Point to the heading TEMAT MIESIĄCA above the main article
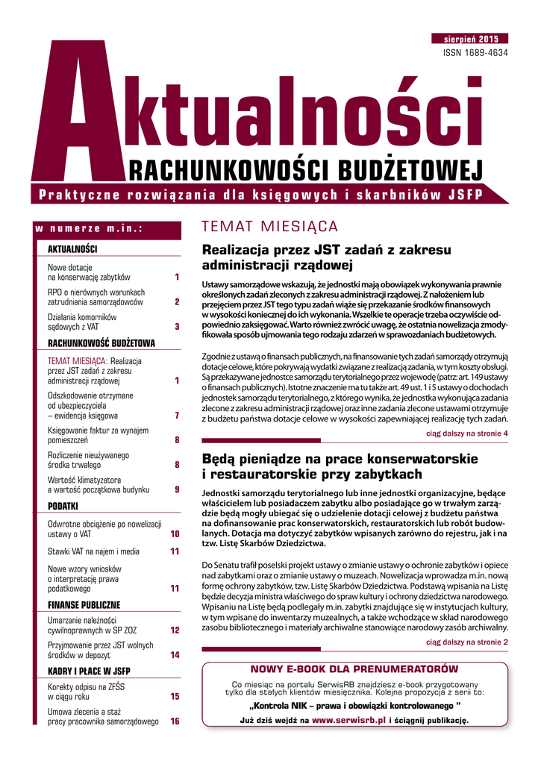(x=270, y=227)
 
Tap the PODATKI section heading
(x=63, y=506)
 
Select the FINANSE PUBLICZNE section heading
(x=84, y=604)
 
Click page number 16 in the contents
(x=175, y=721)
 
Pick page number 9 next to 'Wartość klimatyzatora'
(x=177, y=489)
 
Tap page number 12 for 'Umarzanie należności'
(x=175, y=630)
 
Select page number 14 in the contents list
(x=175, y=655)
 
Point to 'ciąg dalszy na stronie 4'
(x=467, y=433)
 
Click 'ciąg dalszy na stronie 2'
(x=467, y=642)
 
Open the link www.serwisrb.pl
(x=348, y=721)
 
